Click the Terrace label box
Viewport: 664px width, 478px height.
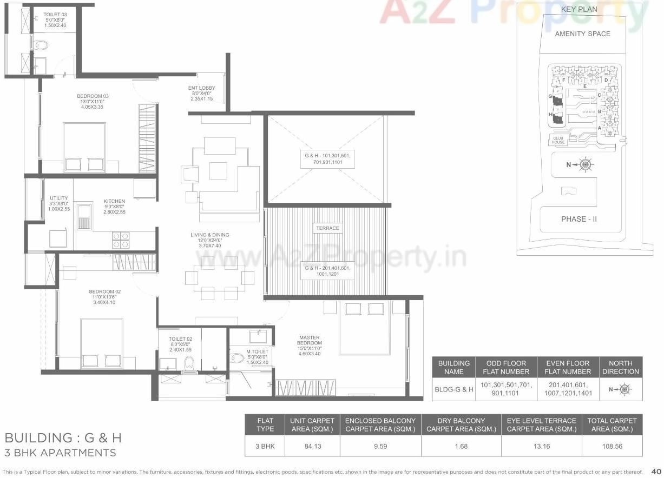(x=327, y=228)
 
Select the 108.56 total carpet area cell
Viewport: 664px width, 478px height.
(x=612, y=447)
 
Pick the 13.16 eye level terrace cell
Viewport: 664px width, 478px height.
(x=541, y=447)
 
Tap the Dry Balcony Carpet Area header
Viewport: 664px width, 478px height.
(x=461, y=424)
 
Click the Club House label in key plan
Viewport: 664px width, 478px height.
(x=558, y=140)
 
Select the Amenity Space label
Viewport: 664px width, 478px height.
(x=582, y=34)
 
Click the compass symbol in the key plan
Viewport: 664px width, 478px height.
(x=585, y=164)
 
